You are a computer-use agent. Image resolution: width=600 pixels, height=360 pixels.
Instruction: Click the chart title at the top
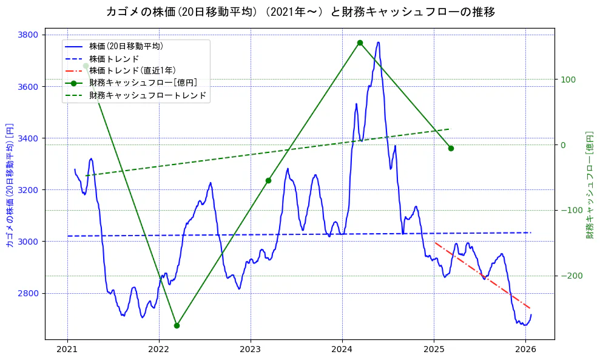coord(300,12)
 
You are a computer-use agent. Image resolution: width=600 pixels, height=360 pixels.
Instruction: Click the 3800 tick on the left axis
coord(30,35)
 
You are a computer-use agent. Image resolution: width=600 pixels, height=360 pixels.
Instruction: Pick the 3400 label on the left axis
coord(30,138)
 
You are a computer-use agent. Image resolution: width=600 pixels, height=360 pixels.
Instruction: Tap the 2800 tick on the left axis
coord(30,293)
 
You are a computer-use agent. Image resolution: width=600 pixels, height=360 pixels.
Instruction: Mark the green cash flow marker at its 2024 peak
coord(360,42)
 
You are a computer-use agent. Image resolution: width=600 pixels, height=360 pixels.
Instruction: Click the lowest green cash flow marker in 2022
coord(177,325)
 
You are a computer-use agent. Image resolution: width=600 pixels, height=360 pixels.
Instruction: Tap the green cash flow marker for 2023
coord(268,180)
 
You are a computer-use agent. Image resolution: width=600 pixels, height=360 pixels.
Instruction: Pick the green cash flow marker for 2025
coord(451,148)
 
